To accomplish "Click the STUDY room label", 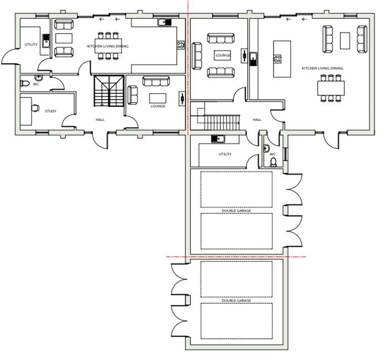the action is point(50,111).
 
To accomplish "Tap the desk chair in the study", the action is point(35,108).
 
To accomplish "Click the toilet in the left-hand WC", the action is point(24,83).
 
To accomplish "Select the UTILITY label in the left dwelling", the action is point(31,45).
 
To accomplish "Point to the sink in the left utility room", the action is point(46,41).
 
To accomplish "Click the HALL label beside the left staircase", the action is point(100,119).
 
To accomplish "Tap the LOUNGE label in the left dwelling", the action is point(158,106).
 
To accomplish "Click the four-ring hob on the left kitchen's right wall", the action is point(180,45).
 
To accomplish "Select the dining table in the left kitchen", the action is point(108,46).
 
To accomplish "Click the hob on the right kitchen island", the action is point(277,59).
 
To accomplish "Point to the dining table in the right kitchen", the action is point(331,88).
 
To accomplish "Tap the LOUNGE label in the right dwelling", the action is point(222,55).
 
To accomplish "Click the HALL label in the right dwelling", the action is point(257,119).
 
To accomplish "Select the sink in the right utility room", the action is point(218,139).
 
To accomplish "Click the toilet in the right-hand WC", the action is point(273,162).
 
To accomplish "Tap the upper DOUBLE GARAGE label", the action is point(236,211).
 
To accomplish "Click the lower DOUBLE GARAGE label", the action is point(236,300).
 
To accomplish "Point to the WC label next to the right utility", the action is point(273,154).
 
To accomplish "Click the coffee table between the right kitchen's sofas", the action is point(345,41).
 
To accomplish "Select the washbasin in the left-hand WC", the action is point(38,78).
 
